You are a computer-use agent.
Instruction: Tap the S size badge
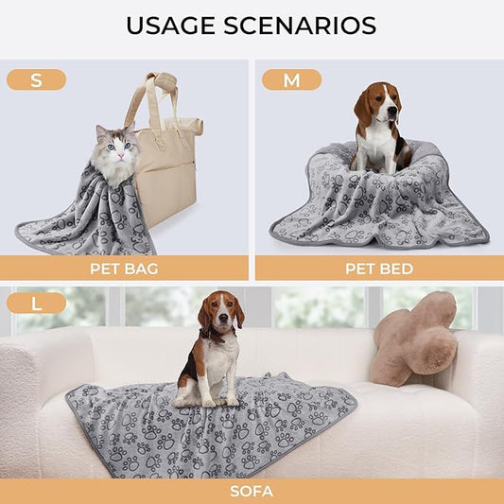point(36,80)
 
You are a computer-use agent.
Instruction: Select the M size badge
point(291,80)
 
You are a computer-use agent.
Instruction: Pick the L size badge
point(36,304)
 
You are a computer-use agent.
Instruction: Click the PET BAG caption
point(124,269)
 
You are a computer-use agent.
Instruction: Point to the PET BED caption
point(378,269)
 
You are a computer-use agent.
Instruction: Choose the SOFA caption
point(252,492)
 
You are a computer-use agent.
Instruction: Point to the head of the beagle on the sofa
point(219,313)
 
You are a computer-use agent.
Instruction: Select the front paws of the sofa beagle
point(210,400)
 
